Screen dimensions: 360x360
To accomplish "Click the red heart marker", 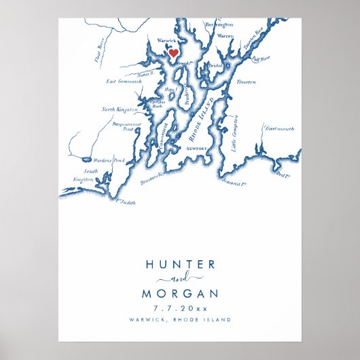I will coord(173,52).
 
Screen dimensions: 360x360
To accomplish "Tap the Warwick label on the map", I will coord(166,41).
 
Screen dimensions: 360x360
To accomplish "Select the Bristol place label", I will coord(216,65).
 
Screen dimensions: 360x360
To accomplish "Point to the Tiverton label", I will coord(245,82).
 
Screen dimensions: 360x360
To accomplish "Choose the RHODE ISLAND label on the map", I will coord(202,120).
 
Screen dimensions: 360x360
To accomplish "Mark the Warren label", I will coord(225,35).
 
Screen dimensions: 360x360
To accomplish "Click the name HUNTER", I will coord(180,264).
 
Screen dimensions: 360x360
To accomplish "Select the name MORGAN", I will coord(180,293).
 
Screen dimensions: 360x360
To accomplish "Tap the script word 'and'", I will coord(180,279).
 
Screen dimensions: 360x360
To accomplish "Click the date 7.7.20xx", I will coord(180,308).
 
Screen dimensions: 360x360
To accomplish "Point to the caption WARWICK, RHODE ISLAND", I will coord(180,319).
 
